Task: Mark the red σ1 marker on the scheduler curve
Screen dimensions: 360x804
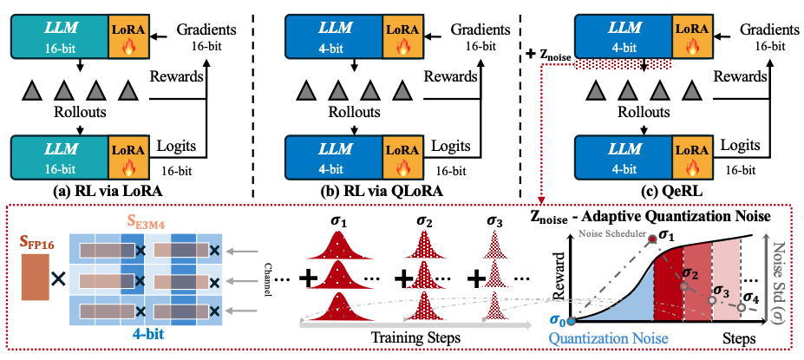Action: point(652,236)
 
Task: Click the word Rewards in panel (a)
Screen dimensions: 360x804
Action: point(177,76)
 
